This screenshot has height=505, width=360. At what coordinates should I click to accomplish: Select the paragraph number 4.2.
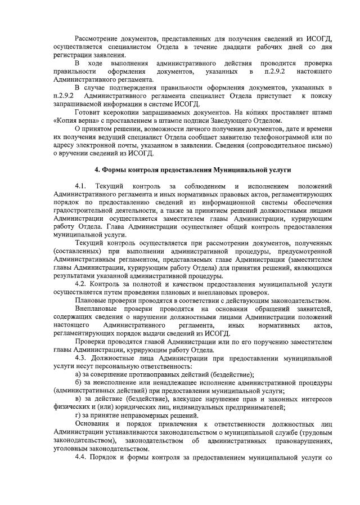[x=82, y=284]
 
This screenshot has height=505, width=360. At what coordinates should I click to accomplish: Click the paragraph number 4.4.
[x=82, y=456]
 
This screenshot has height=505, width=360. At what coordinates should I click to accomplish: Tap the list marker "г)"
[x=78, y=415]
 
